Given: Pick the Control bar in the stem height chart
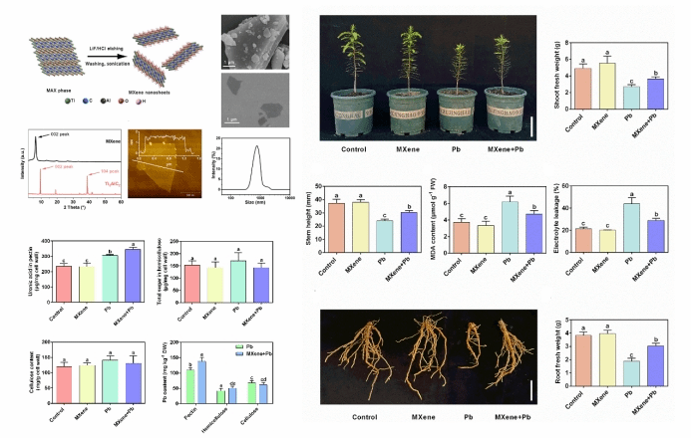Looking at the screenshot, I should (338, 221).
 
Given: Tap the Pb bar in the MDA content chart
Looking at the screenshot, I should (482, 219).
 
